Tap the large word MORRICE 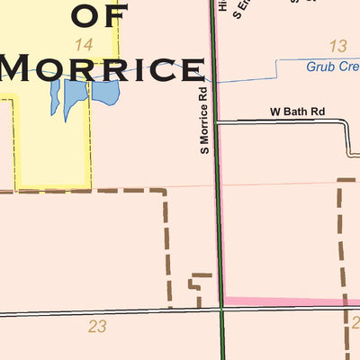pos(101,67)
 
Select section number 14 pos(85,44)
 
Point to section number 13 pos(338,46)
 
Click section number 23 pos(97,327)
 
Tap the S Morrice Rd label pos(204,119)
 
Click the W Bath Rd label pos(298,112)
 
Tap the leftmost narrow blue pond pos(55,97)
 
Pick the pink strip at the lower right pos(288,301)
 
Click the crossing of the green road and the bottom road pos(221,309)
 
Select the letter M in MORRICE pos(24,67)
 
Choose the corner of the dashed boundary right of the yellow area pos(166,191)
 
